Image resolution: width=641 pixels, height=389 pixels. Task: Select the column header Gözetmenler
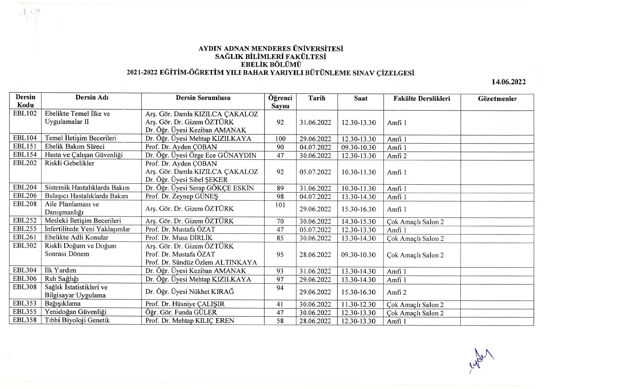(x=497, y=99)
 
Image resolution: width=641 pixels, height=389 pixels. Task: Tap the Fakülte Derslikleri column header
(x=421, y=98)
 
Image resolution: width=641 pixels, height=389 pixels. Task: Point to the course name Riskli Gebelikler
(x=69, y=163)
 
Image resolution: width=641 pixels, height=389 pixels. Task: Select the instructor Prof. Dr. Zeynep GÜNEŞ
(x=182, y=196)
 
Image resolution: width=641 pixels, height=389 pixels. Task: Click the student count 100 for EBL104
(x=280, y=139)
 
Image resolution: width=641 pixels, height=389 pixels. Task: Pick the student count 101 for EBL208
(x=280, y=205)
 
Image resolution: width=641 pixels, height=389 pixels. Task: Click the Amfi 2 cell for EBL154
(x=397, y=156)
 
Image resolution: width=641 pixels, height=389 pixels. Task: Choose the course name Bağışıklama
(x=63, y=303)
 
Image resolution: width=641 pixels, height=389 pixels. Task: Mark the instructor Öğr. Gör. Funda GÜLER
(x=181, y=312)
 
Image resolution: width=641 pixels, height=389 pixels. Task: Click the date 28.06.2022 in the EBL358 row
(x=315, y=321)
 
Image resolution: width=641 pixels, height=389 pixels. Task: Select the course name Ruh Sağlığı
(x=62, y=279)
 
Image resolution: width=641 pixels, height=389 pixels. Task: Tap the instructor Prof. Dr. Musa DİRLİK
(x=179, y=238)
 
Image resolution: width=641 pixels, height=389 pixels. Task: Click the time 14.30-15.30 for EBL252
(x=358, y=222)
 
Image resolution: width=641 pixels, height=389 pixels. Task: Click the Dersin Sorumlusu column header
(x=203, y=98)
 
